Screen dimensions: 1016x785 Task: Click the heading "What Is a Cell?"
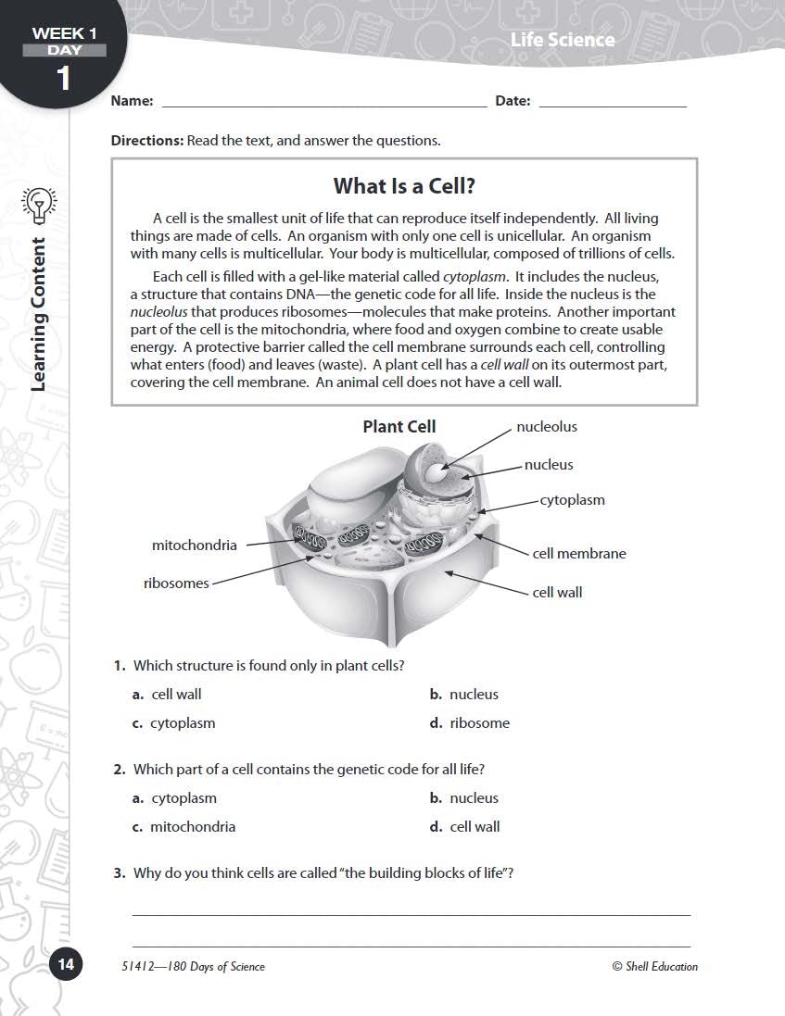[x=404, y=186]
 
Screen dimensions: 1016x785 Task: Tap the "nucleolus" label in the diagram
[x=546, y=427]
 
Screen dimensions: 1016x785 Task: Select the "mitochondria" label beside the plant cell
[x=194, y=546]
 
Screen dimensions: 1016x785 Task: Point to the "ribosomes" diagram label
[x=176, y=583]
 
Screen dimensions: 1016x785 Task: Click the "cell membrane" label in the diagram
[x=579, y=554]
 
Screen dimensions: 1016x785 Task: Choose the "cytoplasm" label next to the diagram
[x=572, y=500]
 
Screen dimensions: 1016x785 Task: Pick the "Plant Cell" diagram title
[x=399, y=427]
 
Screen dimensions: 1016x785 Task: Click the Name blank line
[x=323, y=104]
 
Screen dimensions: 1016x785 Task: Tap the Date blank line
[x=612, y=104]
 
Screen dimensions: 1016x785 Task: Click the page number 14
[x=65, y=964]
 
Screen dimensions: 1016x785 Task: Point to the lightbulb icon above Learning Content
[x=38, y=205]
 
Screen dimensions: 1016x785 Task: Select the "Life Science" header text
[x=562, y=39]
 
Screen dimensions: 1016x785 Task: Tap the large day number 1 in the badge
[x=63, y=79]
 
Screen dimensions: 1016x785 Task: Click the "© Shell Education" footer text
[x=654, y=967]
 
